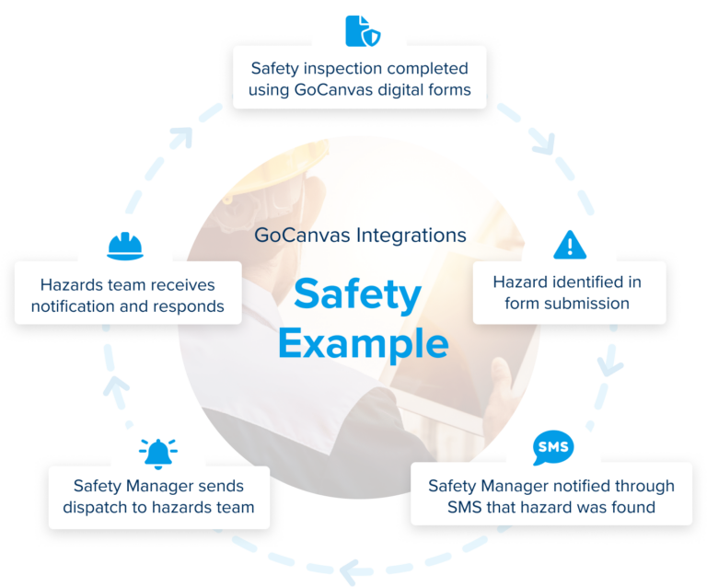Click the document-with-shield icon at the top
tap(361, 29)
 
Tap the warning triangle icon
tap(570, 245)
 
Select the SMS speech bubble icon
tap(552, 447)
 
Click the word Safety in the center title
tap(356, 295)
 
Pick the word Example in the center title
tap(363, 342)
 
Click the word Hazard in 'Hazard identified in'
tap(521, 282)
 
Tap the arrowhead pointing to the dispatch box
tap(349, 572)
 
